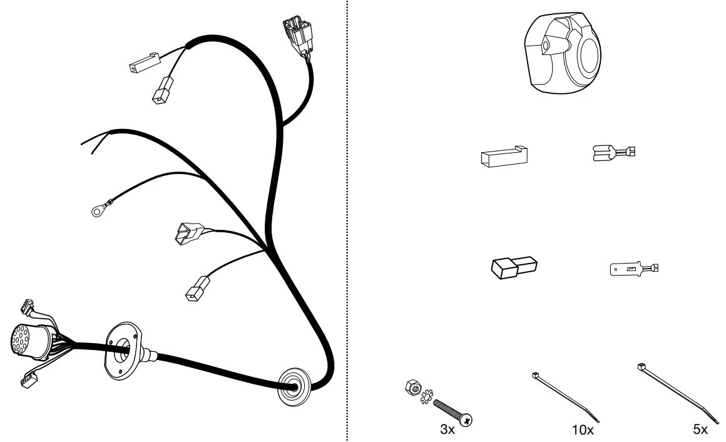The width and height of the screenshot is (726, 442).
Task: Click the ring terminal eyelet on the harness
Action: pos(97,212)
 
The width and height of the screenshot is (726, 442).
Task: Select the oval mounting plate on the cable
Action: pos(121,351)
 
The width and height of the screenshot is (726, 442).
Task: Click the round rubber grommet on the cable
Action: pos(295,387)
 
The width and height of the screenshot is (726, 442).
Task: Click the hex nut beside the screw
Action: pos(412,387)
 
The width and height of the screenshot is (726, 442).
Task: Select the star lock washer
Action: pos(426,396)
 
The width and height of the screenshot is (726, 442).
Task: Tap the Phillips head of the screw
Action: pos(466,419)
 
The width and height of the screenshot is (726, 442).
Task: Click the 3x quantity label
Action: pos(447,429)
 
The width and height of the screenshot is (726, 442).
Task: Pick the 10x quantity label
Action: pos(583,430)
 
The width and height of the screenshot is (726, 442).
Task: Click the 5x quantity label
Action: pos(700,429)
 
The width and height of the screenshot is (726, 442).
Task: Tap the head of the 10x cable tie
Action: pos(536,375)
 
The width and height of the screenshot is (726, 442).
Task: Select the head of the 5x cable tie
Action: pos(642,366)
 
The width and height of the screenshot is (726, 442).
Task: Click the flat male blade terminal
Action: pos(633,269)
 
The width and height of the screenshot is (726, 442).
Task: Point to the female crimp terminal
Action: pos(613,152)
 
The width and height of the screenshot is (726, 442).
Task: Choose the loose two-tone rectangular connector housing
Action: pos(514,267)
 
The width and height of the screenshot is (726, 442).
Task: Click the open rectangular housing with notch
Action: pos(504,156)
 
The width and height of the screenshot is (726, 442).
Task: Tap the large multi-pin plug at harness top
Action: pos(298,35)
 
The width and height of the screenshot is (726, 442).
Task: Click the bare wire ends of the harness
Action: pos(95,141)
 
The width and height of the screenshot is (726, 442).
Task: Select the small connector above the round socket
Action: pos(28,306)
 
